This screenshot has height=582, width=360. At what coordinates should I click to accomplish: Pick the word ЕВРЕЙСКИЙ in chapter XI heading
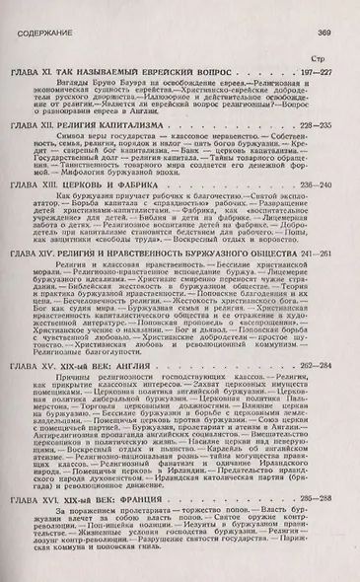(158, 73)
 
